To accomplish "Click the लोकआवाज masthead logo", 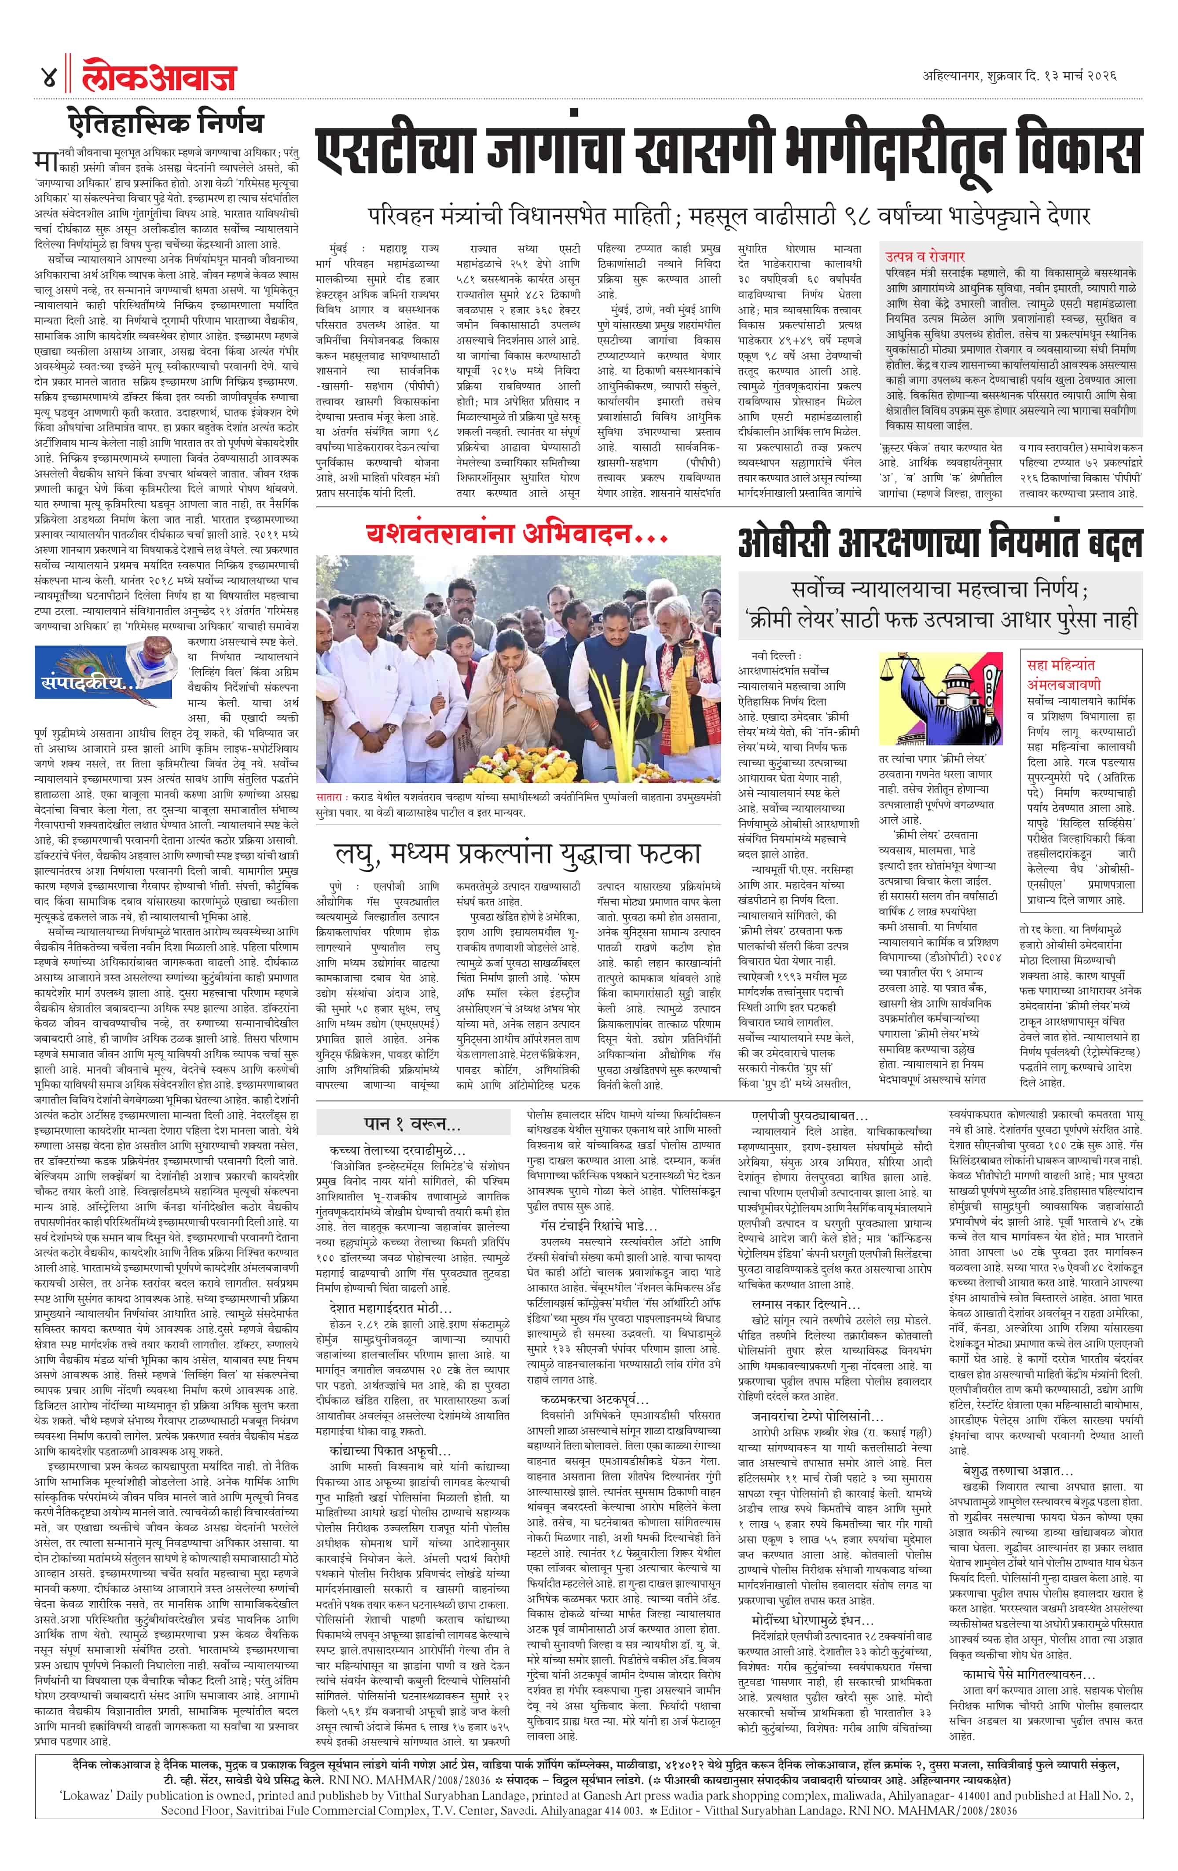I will click(159, 77).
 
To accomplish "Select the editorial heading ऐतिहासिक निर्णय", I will click(165, 124).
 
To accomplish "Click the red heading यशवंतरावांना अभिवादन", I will click(516, 535).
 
